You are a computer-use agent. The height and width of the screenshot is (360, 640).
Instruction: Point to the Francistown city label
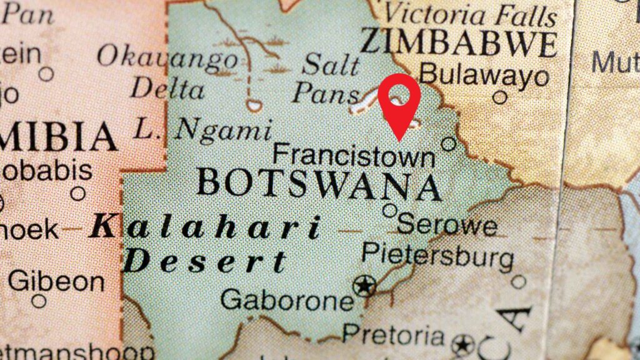(x=354, y=154)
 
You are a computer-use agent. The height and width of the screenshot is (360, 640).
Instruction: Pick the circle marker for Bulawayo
(x=499, y=97)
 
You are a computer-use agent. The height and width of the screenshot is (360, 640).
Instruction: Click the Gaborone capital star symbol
(x=364, y=286)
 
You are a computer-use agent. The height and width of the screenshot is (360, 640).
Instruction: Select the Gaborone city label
(x=287, y=300)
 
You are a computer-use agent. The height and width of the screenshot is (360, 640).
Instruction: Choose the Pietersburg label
(x=437, y=254)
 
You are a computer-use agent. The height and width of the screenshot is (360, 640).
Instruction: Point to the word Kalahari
(x=206, y=227)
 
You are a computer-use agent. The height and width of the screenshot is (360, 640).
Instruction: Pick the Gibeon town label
(x=56, y=281)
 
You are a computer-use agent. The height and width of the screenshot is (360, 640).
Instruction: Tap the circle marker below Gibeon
(x=39, y=301)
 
